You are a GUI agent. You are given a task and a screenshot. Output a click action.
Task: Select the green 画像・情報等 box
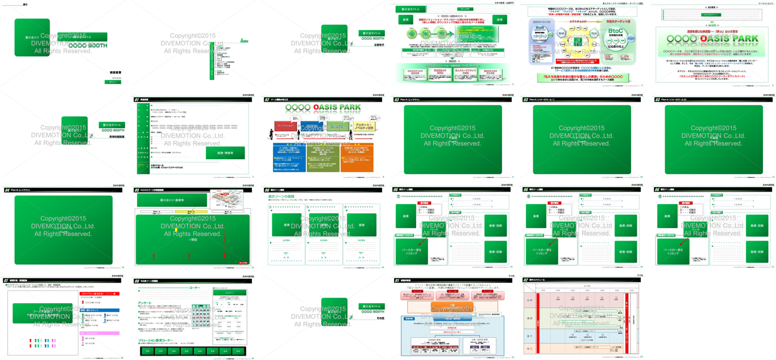[x=223, y=154]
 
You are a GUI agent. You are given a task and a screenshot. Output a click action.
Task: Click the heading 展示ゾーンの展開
[x=284, y=196]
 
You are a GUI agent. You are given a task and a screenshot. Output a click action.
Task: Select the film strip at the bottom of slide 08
[x=193, y=351]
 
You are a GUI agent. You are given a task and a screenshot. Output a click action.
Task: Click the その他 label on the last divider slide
[x=371, y=319]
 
